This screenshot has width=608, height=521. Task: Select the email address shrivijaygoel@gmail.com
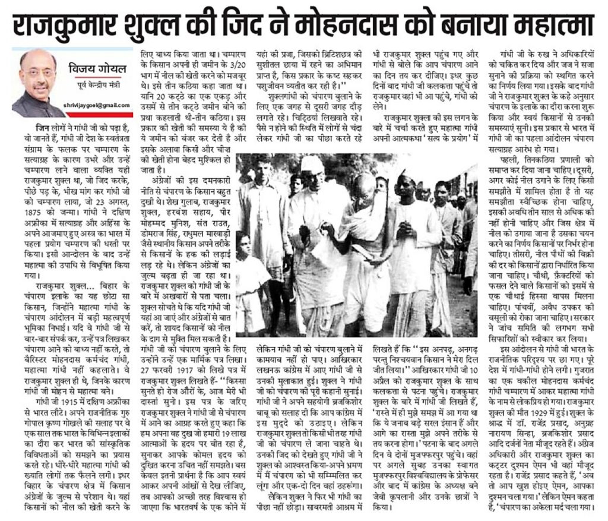pyautogui.click(x=97, y=105)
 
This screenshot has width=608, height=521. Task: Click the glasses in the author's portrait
pyautogui.click(x=37, y=72)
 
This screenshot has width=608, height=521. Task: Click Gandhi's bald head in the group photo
pyautogui.click(x=363, y=182)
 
